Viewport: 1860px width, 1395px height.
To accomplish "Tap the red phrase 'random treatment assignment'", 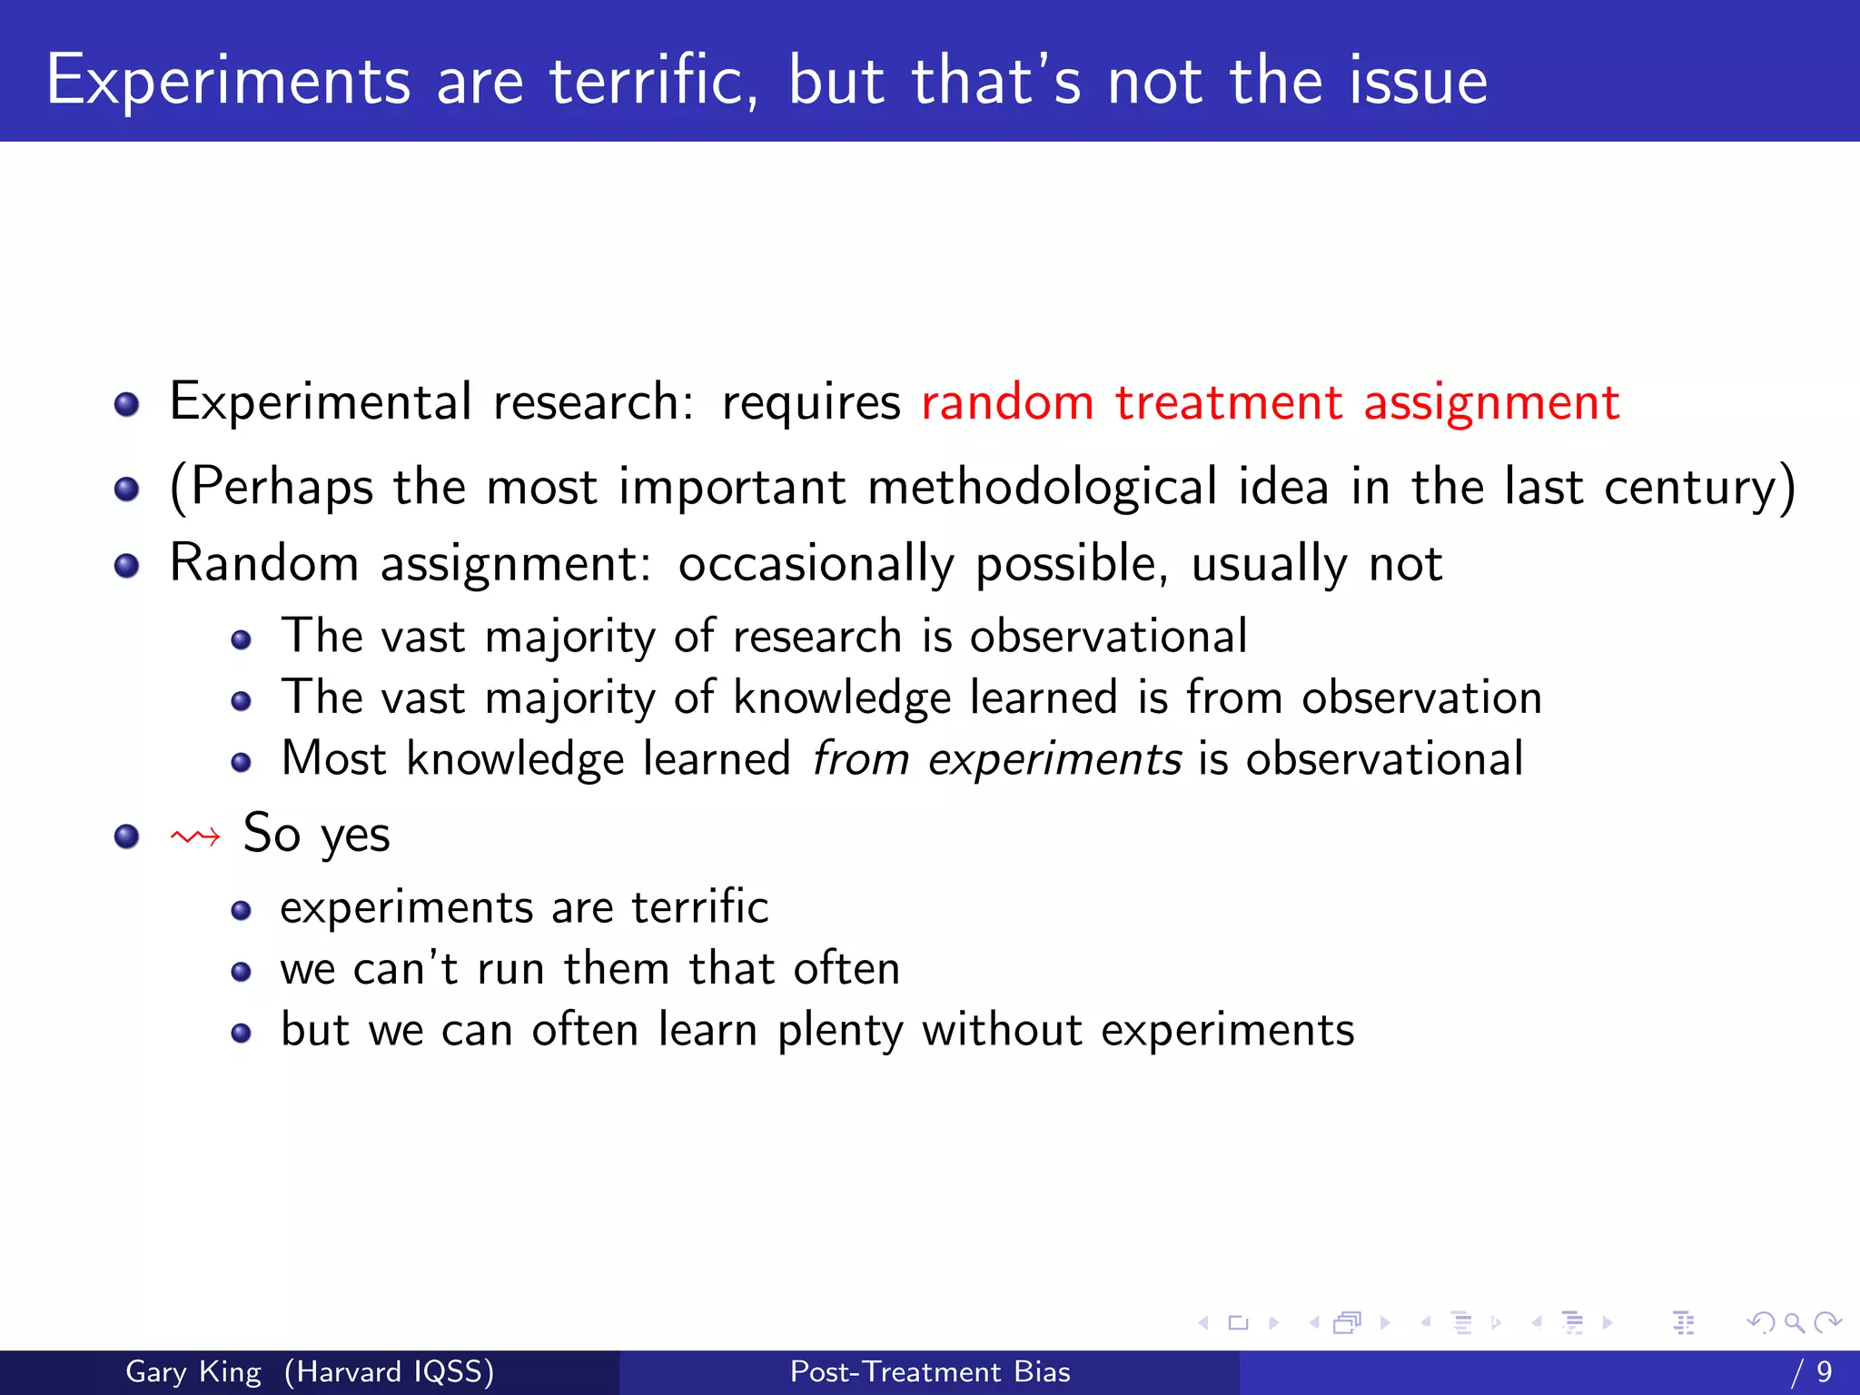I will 1270,402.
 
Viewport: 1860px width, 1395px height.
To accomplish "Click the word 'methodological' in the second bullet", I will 1042,487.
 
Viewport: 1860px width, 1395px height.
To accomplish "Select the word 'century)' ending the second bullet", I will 1699,487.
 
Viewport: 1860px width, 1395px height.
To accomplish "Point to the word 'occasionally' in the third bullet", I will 816,564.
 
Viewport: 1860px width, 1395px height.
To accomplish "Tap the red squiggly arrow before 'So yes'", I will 195,836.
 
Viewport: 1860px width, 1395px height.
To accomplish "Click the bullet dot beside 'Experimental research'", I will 127,404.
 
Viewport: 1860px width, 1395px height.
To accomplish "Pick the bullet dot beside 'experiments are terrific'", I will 241,910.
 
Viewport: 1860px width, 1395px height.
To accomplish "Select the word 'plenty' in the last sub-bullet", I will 840,1031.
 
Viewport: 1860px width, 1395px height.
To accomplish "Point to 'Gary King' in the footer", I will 193,1371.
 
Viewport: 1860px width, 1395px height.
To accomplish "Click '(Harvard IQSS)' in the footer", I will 389,1371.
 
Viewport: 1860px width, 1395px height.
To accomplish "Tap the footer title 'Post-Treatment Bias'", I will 930,1371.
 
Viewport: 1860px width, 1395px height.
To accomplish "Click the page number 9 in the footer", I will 1824,1371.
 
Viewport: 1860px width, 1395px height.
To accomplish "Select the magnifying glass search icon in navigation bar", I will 1794,1323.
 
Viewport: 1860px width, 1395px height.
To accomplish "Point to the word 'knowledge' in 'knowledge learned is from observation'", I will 842,698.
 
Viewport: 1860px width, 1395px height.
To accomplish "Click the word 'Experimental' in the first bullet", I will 321,402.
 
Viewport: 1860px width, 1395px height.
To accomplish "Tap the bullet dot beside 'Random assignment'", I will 127,567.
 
